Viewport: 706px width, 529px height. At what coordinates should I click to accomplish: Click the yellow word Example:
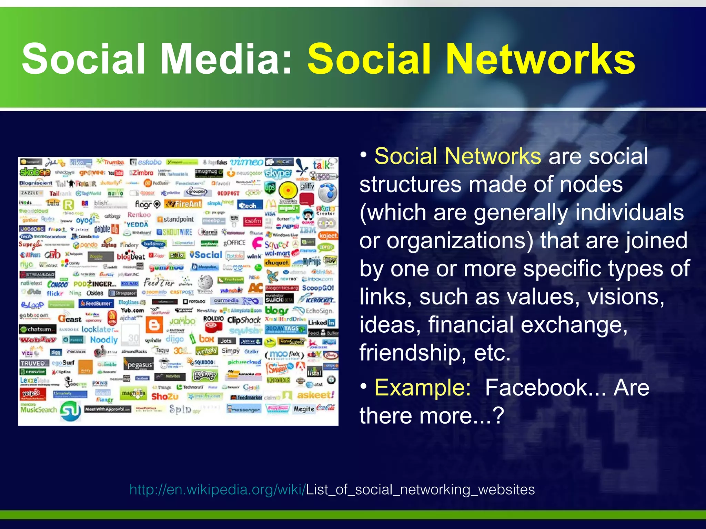pos(423,388)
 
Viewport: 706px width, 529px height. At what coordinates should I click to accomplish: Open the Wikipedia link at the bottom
pos(332,489)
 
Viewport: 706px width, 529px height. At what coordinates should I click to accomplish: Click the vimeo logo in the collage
pos(247,162)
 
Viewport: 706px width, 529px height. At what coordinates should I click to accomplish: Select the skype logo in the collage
pos(278,173)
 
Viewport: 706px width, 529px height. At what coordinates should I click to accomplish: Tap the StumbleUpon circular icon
pos(70,411)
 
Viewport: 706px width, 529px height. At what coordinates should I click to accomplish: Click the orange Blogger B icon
pos(154,324)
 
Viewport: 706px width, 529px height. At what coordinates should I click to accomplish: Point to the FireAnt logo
pos(183,204)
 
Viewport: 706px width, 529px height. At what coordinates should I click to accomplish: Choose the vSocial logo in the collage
pos(206,255)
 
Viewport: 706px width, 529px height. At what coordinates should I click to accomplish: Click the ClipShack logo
pos(244,320)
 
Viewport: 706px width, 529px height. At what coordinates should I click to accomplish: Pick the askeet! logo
pos(315,395)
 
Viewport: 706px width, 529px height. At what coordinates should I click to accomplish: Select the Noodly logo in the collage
pos(104,340)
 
